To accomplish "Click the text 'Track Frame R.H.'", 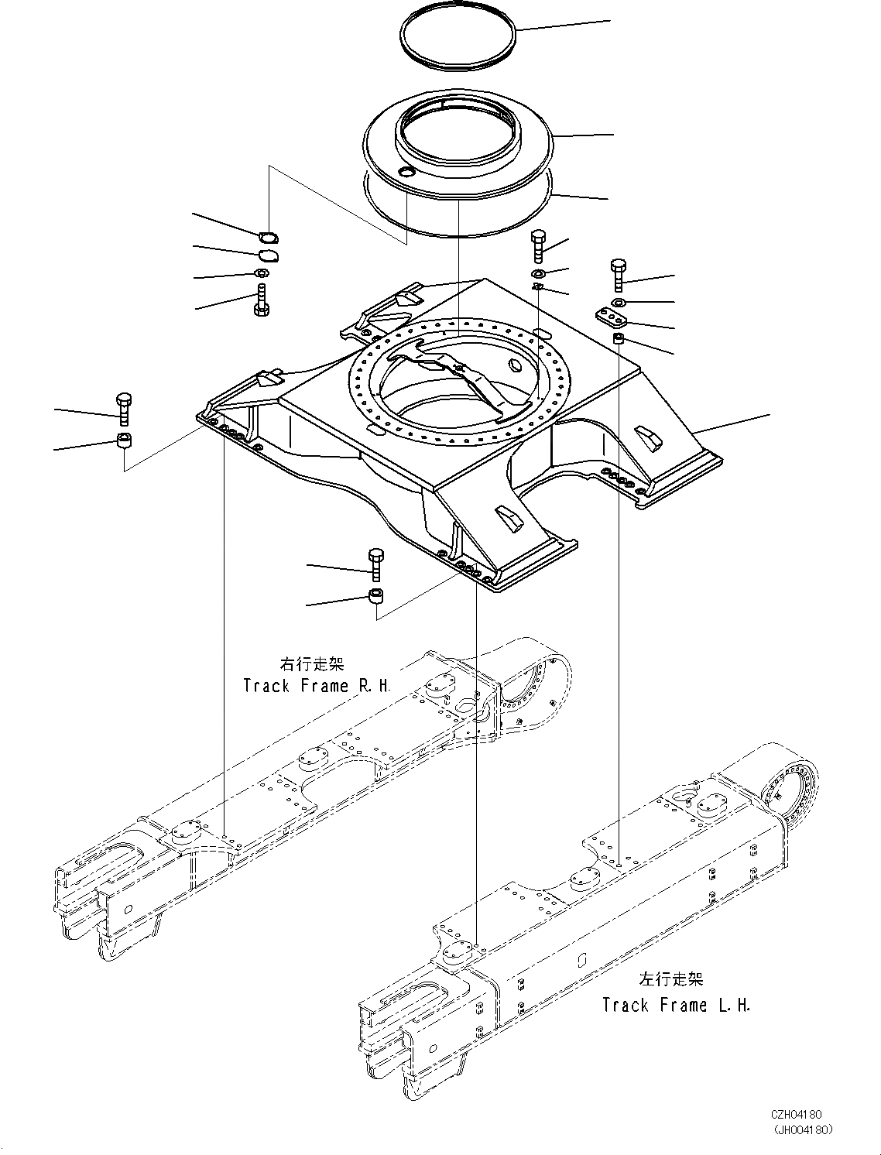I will pyautogui.click(x=317, y=686).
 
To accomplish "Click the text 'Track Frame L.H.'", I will pyautogui.click(x=676, y=1006).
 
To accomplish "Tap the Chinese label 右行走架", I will pyautogui.click(x=311, y=664).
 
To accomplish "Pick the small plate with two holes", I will pyautogui.click(x=612, y=318).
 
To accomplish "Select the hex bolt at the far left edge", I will pyautogui.click(x=123, y=409).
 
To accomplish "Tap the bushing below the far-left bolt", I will pyautogui.click(x=124, y=441).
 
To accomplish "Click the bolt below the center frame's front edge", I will pyautogui.click(x=375, y=564).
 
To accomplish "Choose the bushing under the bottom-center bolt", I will pyautogui.click(x=376, y=596).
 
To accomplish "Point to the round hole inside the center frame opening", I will pyautogui.click(x=514, y=365).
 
